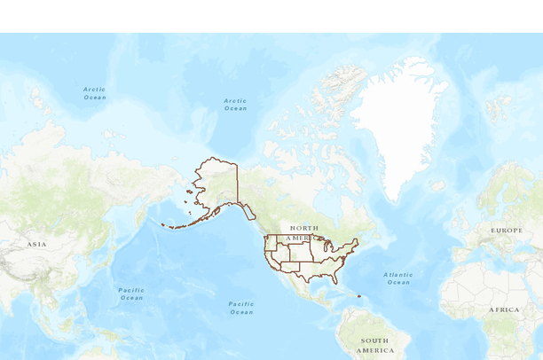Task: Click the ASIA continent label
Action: tap(36, 244)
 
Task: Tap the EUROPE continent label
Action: tap(507, 231)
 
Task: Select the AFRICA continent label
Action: tap(504, 309)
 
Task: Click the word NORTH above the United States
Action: tap(303, 228)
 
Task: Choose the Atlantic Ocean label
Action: tap(398, 278)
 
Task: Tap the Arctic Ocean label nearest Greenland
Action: tap(235, 104)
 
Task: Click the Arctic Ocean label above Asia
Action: tap(95, 92)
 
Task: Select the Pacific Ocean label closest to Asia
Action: tap(131, 293)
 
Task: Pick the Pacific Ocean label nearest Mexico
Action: tap(241, 308)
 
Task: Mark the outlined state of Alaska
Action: tap(217, 182)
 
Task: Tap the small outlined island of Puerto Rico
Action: tap(359, 296)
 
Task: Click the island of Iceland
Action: tap(437, 186)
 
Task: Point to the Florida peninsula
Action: tap(342, 277)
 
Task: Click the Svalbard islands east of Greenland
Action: tap(496, 107)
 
